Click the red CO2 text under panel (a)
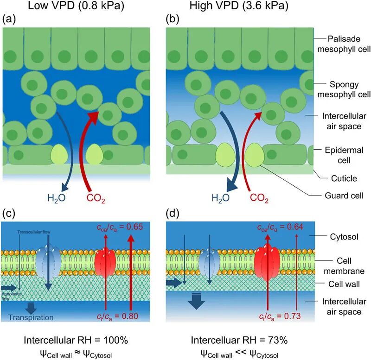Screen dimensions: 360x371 coord(96,199)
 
